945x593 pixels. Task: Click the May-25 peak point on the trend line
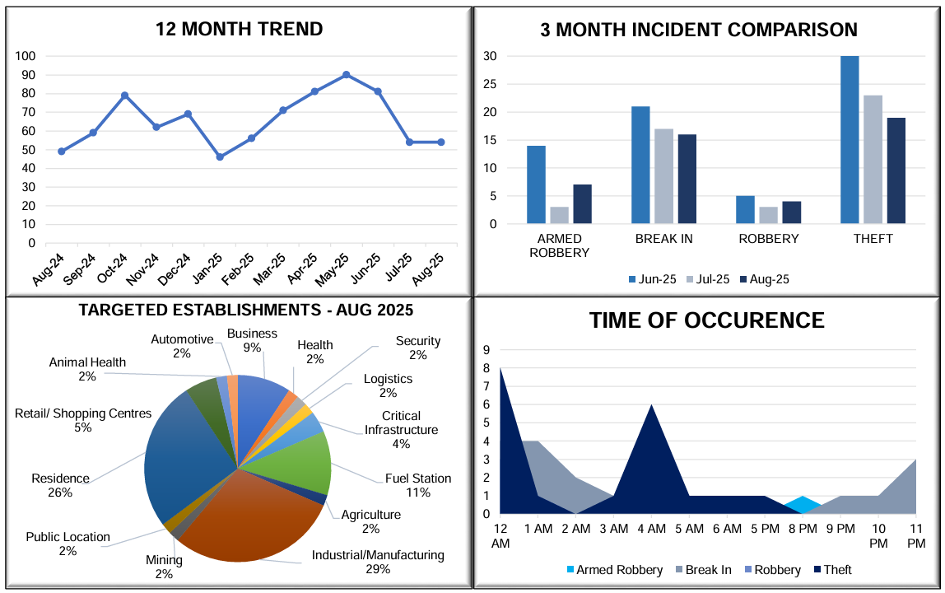click(x=346, y=74)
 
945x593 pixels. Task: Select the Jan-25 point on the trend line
click(x=220, y=156)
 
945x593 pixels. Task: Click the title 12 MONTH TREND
click(x=239, y=30)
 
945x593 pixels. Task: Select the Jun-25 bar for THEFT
click(x=850, y=140)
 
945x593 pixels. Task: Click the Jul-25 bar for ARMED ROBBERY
click(x=559, y=215)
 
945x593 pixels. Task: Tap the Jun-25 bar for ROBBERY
click(x=745, y=209)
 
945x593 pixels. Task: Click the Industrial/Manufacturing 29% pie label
click(x=378, y=562)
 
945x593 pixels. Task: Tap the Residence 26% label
click(x=60, y=486)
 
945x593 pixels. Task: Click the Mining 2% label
click(x=164, y=567)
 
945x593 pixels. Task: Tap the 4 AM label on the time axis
click(x=651, y=527)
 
